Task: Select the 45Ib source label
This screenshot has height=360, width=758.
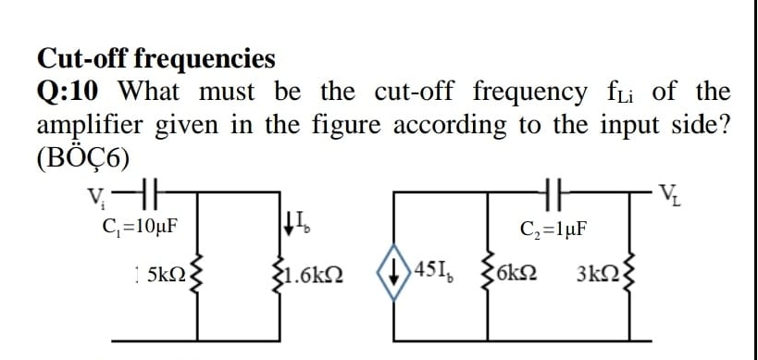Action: [x=440, y=275]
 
